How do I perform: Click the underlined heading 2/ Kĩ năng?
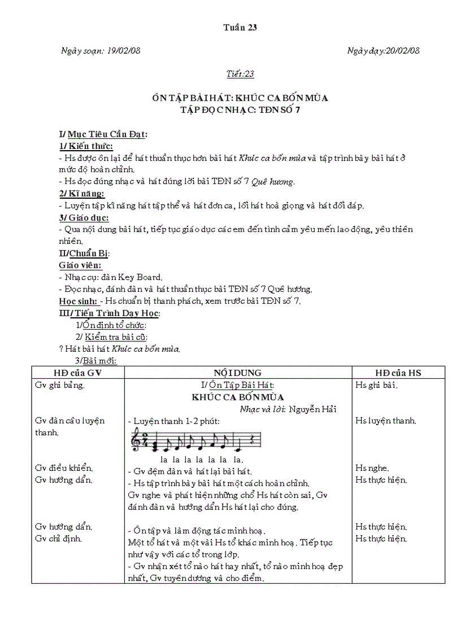[x=82, y=194]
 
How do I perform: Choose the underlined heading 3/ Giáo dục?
[x=84, y=217]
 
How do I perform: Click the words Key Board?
[x=140, y=277]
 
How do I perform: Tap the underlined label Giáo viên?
[x=80, y=265]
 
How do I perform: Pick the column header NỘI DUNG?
[x=237, y=373]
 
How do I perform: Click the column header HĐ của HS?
[x=398, y=373]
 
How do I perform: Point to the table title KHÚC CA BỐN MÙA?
[x=237, y=397]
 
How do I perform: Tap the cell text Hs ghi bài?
[x=376, y=385]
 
